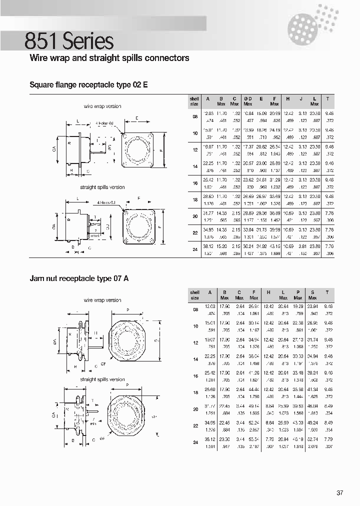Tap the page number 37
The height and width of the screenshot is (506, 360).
click(340, 493)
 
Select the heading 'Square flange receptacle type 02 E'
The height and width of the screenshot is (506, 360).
click(89, 85)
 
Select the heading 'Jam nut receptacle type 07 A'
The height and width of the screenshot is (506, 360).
click(79, 278)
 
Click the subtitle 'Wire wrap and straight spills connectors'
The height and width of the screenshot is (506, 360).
click(109, 58)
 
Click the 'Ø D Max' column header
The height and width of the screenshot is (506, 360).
click(247, 101)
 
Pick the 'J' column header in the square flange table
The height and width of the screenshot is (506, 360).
click(300, 99)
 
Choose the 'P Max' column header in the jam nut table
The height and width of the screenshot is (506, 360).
click(298, 294)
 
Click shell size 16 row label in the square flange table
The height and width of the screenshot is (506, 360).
click(194, 183)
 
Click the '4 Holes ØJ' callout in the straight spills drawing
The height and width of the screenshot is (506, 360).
click(106, 203)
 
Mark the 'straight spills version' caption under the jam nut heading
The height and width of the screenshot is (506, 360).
click(102, 379)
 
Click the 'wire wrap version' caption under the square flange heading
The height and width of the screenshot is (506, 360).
click(102, 106)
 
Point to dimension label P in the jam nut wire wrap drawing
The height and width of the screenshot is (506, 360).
click(128, 310)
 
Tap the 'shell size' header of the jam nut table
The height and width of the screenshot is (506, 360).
click(194, 294)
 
